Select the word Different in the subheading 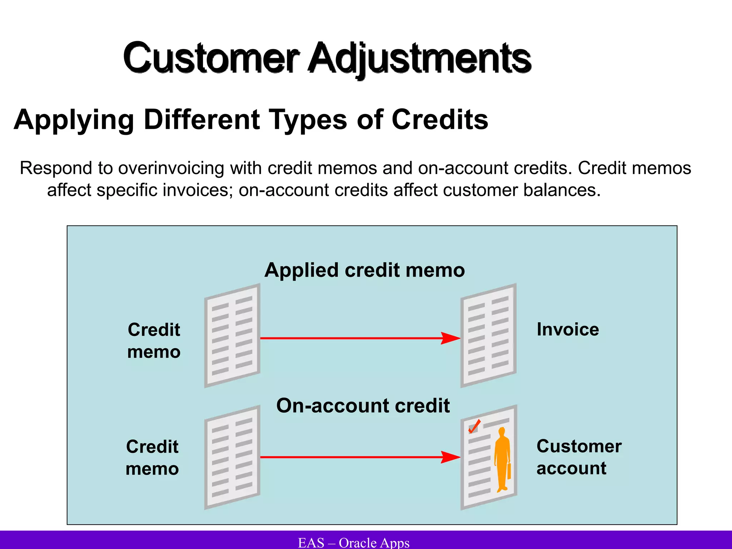(x=201, y=119)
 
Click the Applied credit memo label (x=365, y=270)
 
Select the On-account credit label (x=363, y=406)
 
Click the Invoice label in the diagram (x=568, y=329)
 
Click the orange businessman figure (x=502, y=457)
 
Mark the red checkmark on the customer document (x=474, y=426)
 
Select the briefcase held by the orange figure (x=509, y=471)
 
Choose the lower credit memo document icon (x=232, y=457)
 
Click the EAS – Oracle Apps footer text (x=353, y=543)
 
